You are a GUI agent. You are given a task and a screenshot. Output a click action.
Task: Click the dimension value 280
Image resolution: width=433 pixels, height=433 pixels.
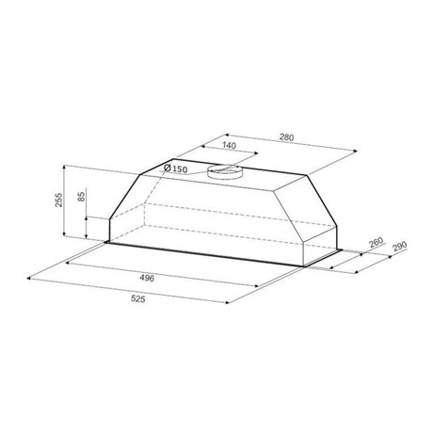286,137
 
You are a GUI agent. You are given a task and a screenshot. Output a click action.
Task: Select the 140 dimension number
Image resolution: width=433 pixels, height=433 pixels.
229,145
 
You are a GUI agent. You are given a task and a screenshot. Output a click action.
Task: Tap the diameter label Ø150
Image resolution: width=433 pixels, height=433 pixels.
176,168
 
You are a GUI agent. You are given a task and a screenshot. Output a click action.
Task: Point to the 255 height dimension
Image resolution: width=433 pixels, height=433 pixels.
58,200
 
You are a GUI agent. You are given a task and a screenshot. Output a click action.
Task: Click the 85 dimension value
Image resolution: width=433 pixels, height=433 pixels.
81,197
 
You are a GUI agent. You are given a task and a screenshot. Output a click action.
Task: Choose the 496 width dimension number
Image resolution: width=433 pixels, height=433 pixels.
147,278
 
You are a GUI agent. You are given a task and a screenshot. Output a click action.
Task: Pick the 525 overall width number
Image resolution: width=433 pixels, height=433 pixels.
138,298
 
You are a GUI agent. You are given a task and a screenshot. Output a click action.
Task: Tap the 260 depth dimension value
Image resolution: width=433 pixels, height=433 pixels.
377,242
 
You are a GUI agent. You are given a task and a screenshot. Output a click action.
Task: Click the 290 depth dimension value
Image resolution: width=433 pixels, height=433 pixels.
399,246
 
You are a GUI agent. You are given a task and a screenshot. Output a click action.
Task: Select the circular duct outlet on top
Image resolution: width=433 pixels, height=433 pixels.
224,172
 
